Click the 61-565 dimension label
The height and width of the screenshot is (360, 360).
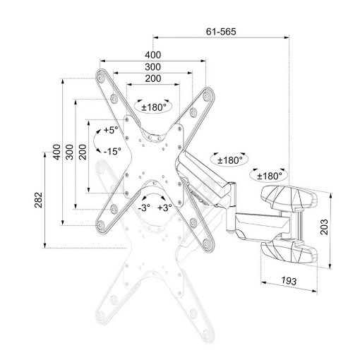coord(221,32)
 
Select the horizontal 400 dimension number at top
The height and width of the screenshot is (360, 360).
coord(153,55)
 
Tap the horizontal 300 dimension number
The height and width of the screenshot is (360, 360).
coord(153,67)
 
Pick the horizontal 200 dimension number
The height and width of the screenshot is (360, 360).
coord(153,78)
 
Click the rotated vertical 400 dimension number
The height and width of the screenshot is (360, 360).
coord(56,152)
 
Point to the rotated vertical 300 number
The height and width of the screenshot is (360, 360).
coord(70,152)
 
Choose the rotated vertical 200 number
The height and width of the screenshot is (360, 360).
coord(83,152)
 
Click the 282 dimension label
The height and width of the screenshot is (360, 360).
coord(38,200)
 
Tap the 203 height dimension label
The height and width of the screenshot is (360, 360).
coord(325,227)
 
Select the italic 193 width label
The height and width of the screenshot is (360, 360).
coord(289,281)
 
